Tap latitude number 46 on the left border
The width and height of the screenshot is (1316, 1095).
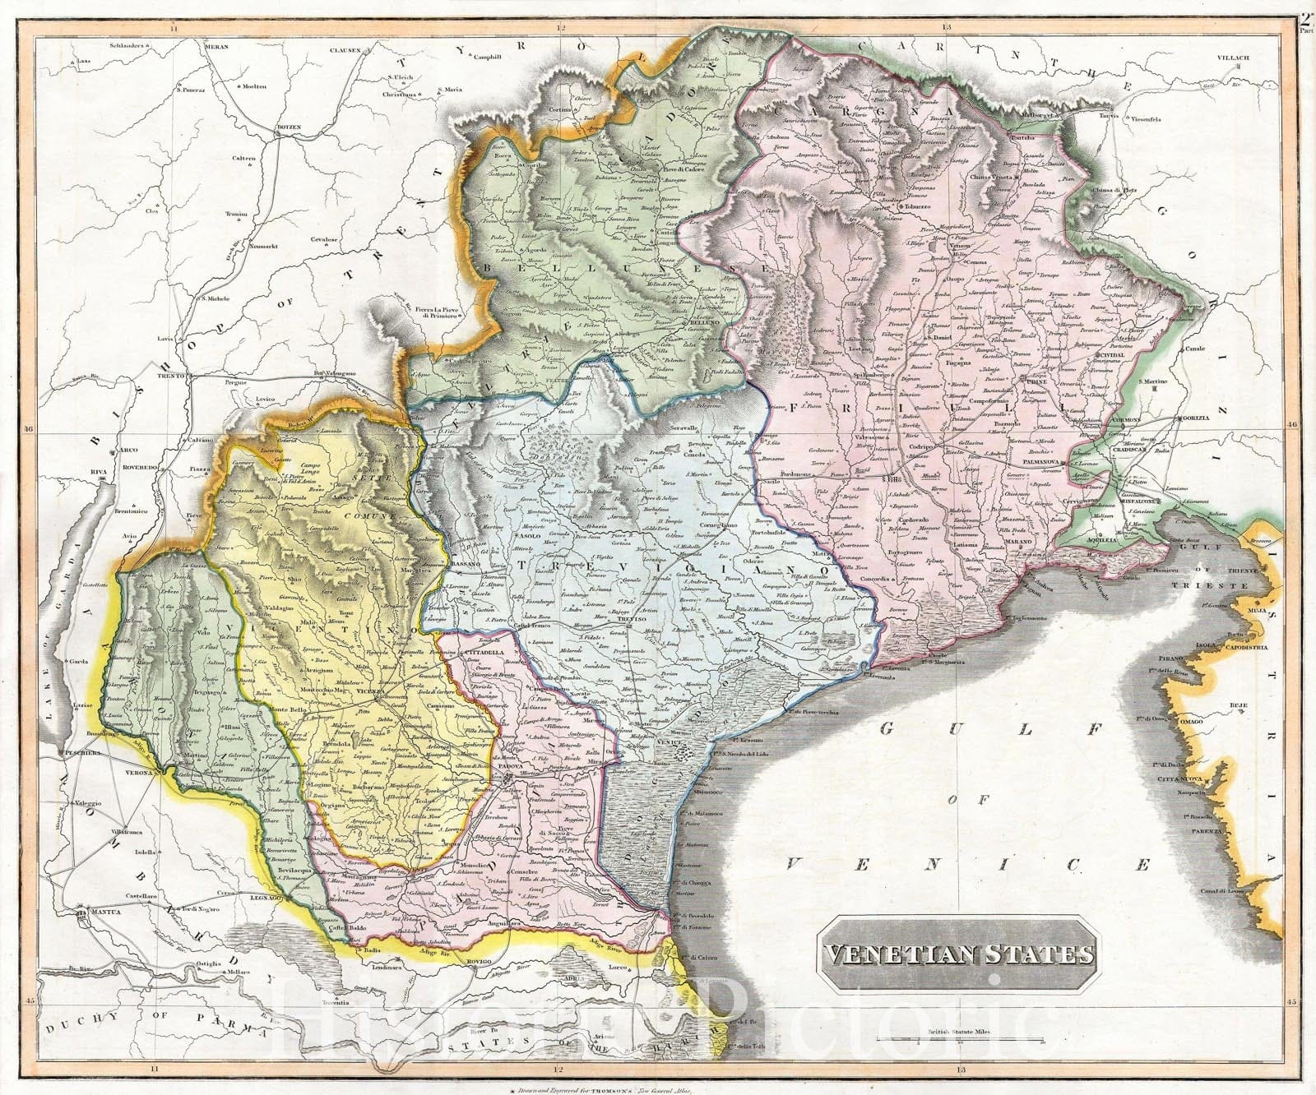pos(27,428)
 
